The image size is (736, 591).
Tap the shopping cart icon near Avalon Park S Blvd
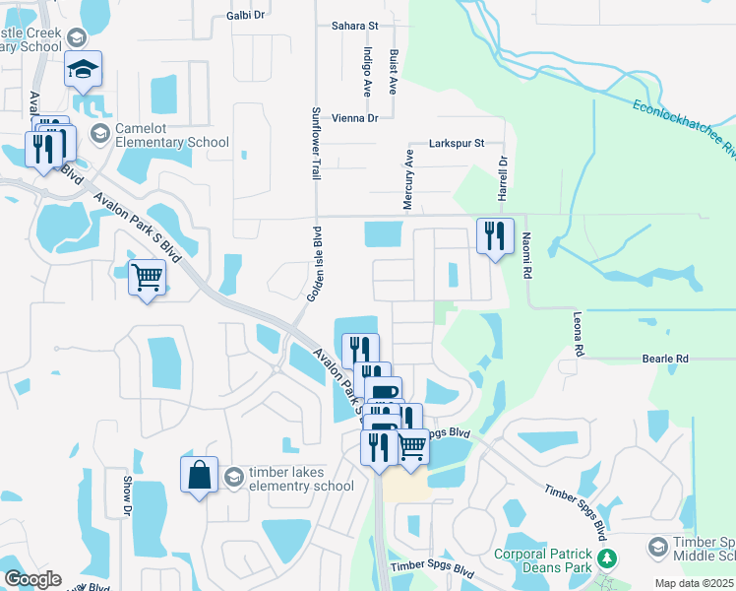pos(147,278)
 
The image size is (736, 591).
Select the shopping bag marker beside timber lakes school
pos(199,475)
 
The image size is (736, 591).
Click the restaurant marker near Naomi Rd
pos(495,236)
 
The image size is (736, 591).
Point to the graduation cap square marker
pos(84,70)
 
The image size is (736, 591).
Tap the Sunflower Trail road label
pos(316,143)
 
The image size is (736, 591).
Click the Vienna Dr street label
pos(355,118)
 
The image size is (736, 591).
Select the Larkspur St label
pos(458,143)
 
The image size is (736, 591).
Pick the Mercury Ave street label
pos(408,178)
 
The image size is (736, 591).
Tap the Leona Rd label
pos(579,335)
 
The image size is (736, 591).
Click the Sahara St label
pos(355,24)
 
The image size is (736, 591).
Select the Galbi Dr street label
pos(246,15)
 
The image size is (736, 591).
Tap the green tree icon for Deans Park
pos(608,558)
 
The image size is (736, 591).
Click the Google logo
pos(32,579)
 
